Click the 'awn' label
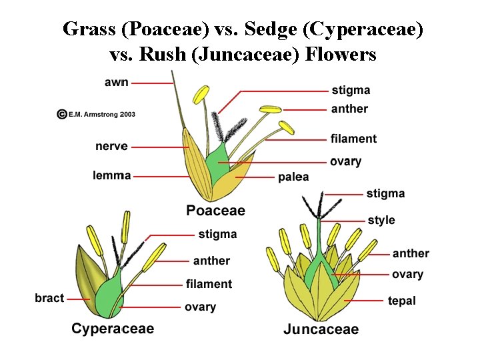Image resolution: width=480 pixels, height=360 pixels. click(x=117, y=83)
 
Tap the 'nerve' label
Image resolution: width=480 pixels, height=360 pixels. click(x=111, y=146)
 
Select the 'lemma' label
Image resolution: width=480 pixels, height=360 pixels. click(x=112, y=175)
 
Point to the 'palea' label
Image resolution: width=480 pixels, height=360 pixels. click(x=293, y=177)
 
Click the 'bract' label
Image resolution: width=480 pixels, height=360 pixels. click(x=49, y=298)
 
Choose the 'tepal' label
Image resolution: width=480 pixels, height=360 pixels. click(x=401, y=301)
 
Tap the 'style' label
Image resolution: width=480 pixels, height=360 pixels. click(x=381, y=220)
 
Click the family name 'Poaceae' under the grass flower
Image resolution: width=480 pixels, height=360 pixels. click(x=215, y=211)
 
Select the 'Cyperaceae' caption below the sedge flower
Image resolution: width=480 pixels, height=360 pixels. click(x=113, y=328)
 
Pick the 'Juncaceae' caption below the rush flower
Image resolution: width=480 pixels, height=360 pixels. click(x=321, y=329)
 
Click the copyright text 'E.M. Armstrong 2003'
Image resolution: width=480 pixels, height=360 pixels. click(x=102, y=115)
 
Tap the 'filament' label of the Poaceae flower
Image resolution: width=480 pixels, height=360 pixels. click(x=353, y=139)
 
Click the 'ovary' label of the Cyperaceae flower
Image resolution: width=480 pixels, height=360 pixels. click(x=200, y=307)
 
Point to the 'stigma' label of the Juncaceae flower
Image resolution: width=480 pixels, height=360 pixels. click(x=385, y=193)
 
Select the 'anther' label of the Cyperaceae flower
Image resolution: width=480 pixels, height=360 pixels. click(x=211, y=261)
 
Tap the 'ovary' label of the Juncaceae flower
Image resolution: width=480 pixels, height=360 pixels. click(x=407, y=274)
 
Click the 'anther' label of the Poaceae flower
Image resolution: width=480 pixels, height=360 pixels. click(x=349, y=109)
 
